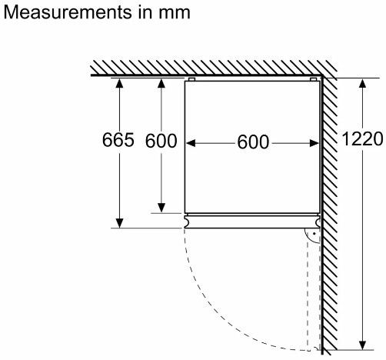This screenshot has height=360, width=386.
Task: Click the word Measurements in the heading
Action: [x=67, y=12]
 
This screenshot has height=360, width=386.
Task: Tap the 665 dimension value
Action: [x=118, y=140]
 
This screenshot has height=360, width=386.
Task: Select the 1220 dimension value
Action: [x=362, y=138]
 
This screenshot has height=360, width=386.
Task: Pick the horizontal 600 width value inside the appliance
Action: [x=253, y=142]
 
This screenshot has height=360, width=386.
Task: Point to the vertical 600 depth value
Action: [x=161, y=141]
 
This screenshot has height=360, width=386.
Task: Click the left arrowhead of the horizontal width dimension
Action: [x=191, y=143]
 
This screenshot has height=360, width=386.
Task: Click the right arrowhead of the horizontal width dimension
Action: [x=314, y=143]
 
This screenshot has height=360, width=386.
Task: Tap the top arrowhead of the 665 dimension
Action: [x=119, y=84]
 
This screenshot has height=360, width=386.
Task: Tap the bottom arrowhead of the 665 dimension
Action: [x=119, y=223]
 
